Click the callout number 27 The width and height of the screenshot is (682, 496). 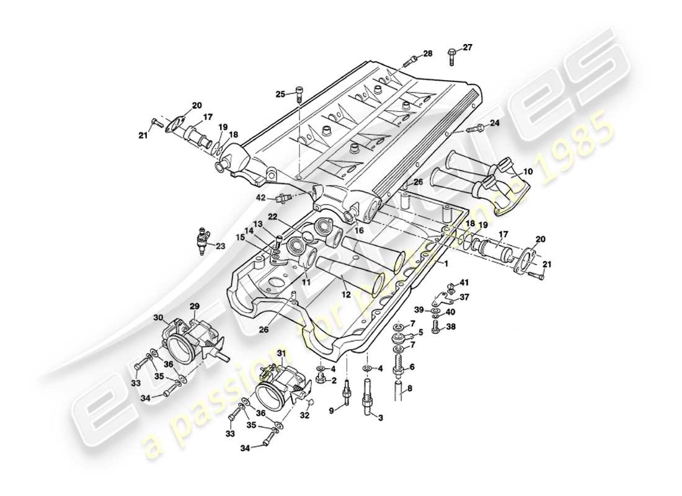pos(467,47)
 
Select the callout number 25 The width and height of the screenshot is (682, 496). pos(281,94)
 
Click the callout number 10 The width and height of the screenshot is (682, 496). pos(528,171)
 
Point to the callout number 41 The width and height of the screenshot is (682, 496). pos(464,283)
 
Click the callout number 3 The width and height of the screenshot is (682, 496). pos(381,418)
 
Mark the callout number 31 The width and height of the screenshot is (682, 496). pos(281,353)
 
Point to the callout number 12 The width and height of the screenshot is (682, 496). pos(346,296)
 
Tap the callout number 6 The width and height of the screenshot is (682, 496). pos(412,366)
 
